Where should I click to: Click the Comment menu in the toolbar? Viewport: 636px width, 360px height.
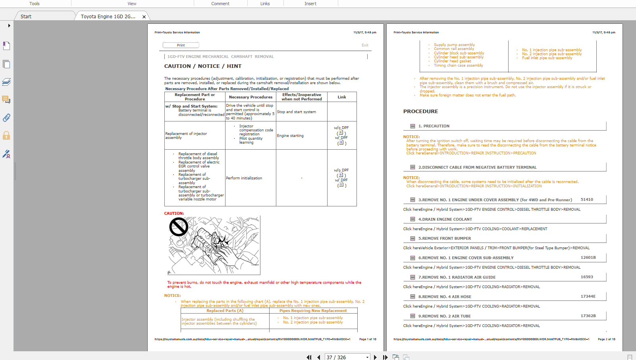(x=220, y=4)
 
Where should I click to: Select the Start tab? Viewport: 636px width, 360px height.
(x=26, y=16)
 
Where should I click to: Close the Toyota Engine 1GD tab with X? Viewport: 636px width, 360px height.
(x=144, y=17)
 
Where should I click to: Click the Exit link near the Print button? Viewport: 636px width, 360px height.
(x=365, y=45)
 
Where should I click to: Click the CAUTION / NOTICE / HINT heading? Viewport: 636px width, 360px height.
(x=203, y=66)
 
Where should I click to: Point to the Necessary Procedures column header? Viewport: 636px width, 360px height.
(x=251, y=97)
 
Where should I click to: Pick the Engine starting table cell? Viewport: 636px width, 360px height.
(x=290, y=136)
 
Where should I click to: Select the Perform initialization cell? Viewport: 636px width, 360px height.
(x=244, y=178)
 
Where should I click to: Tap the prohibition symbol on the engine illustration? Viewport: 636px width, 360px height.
(x=179, y=227)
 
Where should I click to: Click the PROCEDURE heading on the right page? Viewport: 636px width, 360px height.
(x=421, y=112)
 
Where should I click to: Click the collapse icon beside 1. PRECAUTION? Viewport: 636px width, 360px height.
(x=412, y=126)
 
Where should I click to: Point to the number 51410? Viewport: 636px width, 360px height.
(x=587, y=200)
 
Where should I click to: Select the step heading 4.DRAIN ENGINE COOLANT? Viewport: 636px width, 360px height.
(x=445, y=219)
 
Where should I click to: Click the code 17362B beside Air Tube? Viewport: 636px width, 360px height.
(x=588, y=316)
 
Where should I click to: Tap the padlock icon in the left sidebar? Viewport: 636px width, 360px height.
(x=6, y=136)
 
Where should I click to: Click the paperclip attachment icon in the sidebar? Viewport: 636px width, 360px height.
(x=6, y=118)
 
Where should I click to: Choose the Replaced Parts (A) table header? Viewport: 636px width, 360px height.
(x=225, y=311)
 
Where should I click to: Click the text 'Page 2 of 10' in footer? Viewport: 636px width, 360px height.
(x=606, y=339)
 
